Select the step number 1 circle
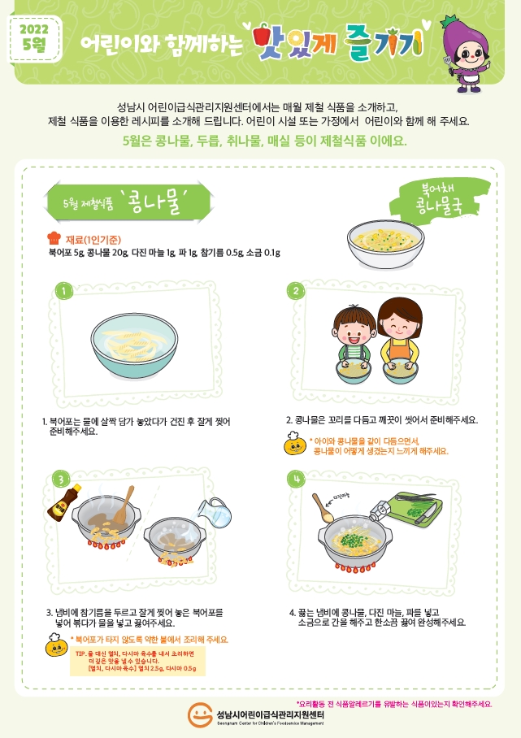(63, 291)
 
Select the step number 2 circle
(297, 291)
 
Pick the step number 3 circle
(60, 480)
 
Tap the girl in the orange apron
(398, 337)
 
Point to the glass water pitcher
(215, 511)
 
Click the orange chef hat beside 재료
(54, 237)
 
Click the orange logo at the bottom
(200, 714)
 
